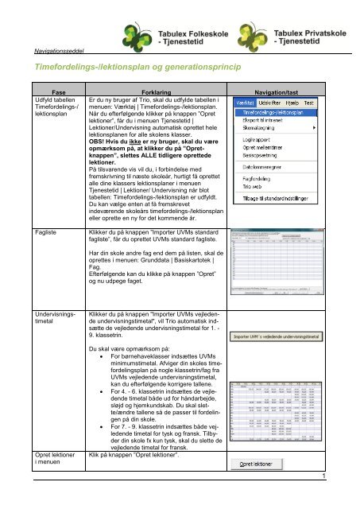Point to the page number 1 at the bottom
pyautogui.click(x=347, y=499)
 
